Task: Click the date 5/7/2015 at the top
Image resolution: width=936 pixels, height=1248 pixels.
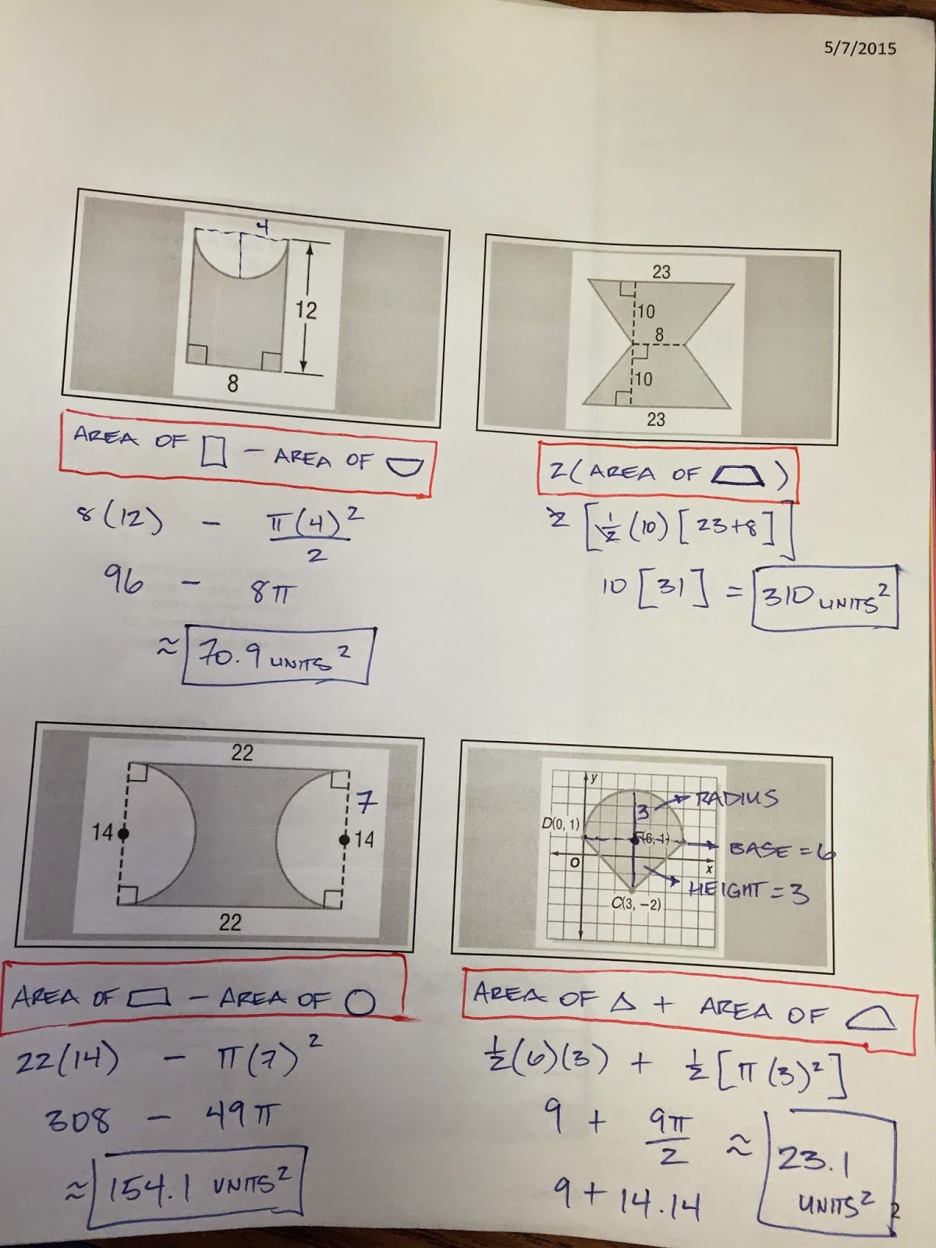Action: click(860, 48)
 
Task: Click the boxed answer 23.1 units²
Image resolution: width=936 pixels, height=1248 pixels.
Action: click(827, 1178)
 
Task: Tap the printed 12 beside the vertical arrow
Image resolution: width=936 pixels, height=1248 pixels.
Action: click(306, 310)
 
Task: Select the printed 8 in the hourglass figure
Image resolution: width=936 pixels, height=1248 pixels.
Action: click(659, 335)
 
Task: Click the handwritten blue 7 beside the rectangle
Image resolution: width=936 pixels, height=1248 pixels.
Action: click(367, 801)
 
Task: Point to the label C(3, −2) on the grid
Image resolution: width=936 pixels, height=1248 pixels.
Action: click(636, 905)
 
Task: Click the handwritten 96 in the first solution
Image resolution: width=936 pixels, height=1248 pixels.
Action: click(122, 580)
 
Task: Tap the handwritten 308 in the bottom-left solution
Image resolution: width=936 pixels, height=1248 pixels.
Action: click(78, 1122)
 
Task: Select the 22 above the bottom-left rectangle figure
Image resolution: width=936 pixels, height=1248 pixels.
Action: click(242, 752)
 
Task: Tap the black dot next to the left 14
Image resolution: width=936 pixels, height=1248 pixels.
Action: click(123, 834)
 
